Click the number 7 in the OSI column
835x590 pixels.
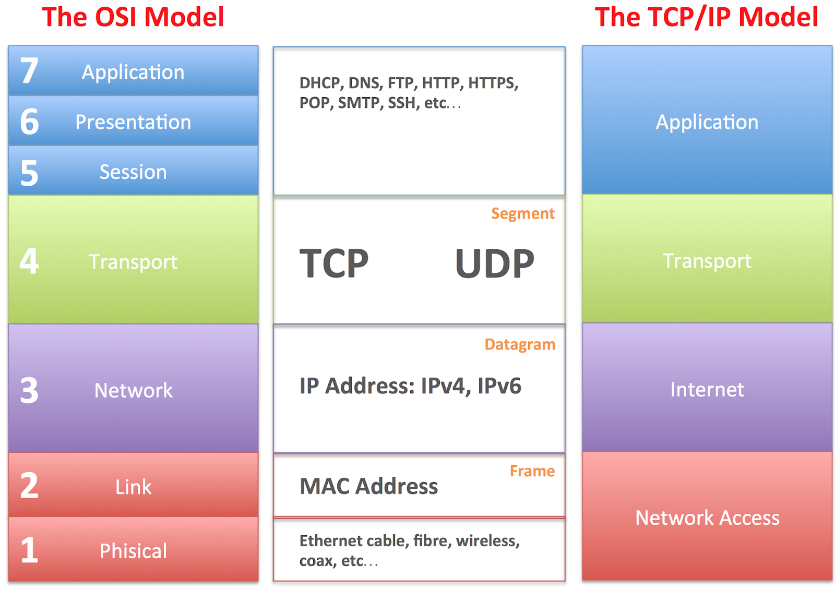pyautogui.click(x=29, y=71)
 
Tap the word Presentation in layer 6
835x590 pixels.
pyautogui.click(x=133, y=122)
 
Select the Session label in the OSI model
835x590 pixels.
pyautogui.click(x=133, y=172)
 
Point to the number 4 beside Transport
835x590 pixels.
pyautogui.click(x=29, y=261)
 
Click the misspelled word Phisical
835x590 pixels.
pyautogui.click(x=133, y=551)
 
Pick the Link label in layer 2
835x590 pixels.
pyautogui.click(x=133, y=487)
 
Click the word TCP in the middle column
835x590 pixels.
pyautogui.click(x=334, y=264)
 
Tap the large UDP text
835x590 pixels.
pyautogui.click(x=494, y=264)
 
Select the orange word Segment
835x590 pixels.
pyautogui.click(x=522, y=214)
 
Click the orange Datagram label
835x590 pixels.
pyautogui.click(x=520, y=345)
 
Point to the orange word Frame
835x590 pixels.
pyautogui.click(x=532, y=471)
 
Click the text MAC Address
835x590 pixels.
pyautogui.click(x=368, y=486)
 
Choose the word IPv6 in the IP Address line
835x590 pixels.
pyautogui.click(x=499, y=386)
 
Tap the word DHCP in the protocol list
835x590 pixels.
pyautogui.click(x=320, y=83)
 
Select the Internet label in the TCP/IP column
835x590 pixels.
pyautogui.click(x=707, y=390)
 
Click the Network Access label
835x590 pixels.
pyautogui.click(x=707, y=518)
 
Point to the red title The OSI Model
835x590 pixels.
pyautogui.click(x=133, y=17)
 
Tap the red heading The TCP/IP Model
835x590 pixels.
pyautogui.click(x=706, y=17)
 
